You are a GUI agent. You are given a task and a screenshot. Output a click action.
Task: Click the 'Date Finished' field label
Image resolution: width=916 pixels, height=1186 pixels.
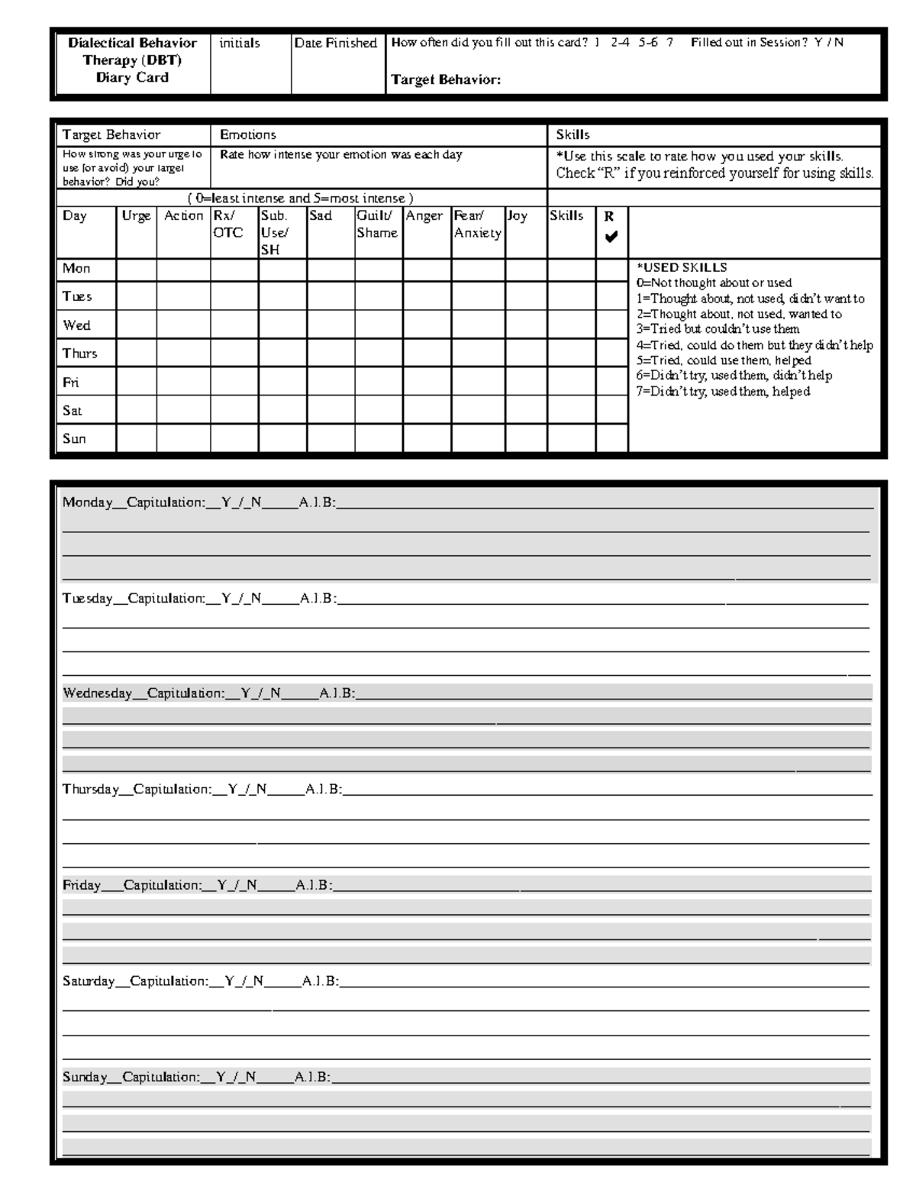[x=336, y=44]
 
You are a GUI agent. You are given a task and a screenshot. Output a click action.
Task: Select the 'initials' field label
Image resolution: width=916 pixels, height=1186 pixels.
[x=239, y=44]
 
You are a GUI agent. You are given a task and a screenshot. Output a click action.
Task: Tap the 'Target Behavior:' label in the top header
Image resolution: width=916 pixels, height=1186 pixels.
[x=446, y=79]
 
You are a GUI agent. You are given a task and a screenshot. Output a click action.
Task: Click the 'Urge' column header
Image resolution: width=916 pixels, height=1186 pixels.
[x=136, y=216]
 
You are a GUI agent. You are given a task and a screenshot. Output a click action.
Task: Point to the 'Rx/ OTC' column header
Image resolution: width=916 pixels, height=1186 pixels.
[x=227, y=225]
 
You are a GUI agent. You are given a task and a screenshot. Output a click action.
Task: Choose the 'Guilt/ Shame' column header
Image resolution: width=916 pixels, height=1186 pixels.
[x=377, y=225]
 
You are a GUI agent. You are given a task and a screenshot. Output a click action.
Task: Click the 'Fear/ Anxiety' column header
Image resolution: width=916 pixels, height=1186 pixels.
[x=477, y=225]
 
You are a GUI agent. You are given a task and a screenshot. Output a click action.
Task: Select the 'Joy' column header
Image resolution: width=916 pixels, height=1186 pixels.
[x=518, y=216]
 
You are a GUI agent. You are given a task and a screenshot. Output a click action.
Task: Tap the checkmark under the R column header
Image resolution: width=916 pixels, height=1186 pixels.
[x=611, y=238]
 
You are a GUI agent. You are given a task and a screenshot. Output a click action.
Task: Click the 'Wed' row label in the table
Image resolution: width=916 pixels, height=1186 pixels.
[x=76, y=325]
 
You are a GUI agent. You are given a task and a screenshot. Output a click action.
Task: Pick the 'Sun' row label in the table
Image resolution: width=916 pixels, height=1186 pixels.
[x=74, y=439]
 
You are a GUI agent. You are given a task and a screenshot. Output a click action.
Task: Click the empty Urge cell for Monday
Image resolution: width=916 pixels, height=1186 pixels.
[x=136, y=269]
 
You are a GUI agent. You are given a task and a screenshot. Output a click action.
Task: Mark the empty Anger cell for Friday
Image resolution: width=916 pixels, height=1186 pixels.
[x=427, y=382]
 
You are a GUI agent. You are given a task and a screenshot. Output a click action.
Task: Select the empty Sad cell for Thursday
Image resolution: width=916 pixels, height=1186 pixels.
[x=331, y=354]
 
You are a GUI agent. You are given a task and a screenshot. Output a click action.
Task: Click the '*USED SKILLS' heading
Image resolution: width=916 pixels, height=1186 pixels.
[x=681, y=268]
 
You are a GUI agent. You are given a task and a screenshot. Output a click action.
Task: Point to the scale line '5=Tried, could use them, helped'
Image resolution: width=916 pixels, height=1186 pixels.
[x=723, y=360]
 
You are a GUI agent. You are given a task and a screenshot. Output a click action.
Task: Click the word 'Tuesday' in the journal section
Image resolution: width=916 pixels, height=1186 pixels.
[x=87, y=599]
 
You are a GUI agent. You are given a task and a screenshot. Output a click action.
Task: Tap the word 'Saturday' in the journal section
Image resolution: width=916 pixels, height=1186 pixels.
[x=89, y=981]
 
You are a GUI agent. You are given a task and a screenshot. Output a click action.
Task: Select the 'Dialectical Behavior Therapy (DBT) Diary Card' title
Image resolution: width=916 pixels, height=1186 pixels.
[x=132, y=60]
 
